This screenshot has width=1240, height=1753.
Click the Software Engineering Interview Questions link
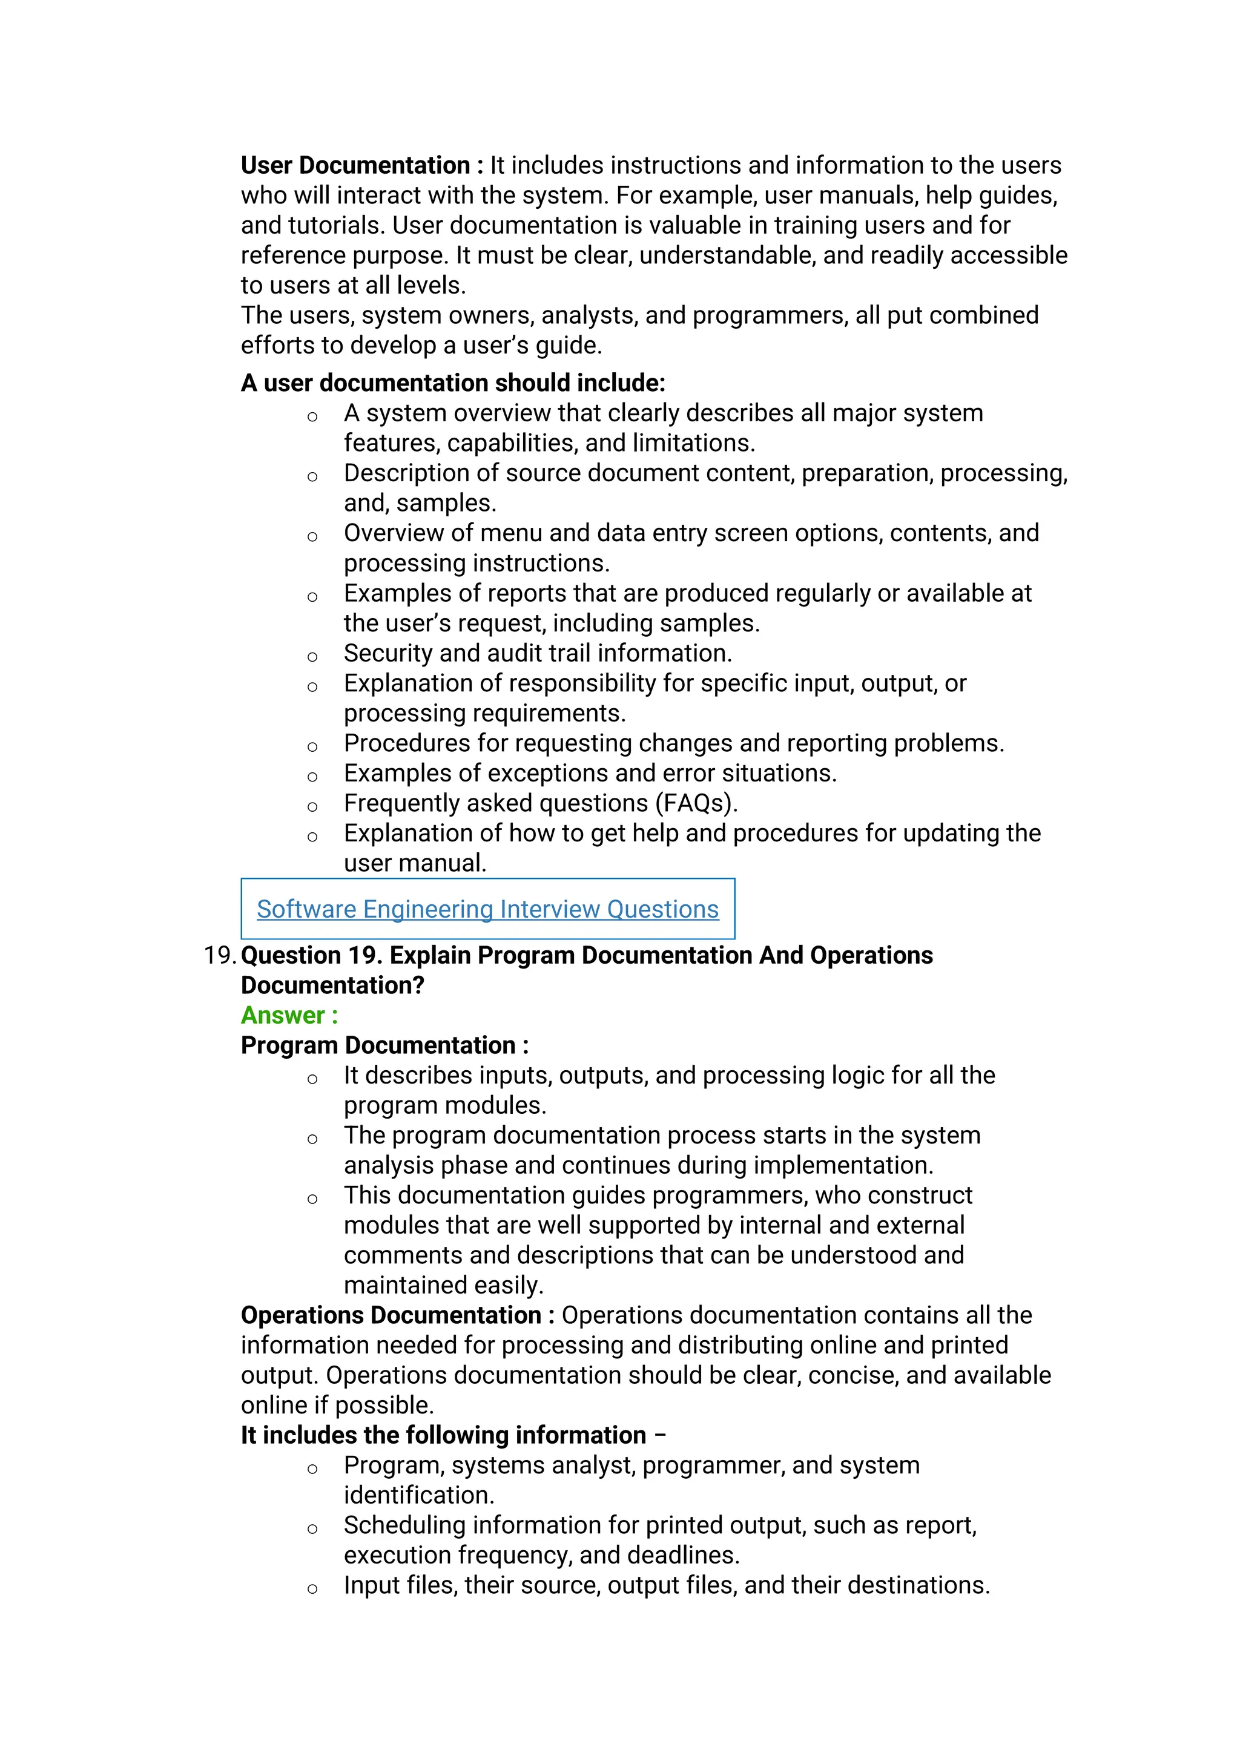(x=487, y=909)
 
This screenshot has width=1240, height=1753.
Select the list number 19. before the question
(x=220, y=955)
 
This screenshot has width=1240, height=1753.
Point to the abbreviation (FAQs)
(x=696, y=803)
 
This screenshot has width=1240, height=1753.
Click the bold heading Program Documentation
(x=378, y=1045)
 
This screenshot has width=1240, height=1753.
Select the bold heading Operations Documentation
(x=391, y=1315)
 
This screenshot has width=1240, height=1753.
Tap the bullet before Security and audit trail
(x=312, y=657)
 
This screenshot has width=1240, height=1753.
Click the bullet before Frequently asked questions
(x=312, y=807)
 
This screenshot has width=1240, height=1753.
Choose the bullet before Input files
(x=312, y=1589)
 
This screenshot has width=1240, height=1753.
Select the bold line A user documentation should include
(x=453, y=383)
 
